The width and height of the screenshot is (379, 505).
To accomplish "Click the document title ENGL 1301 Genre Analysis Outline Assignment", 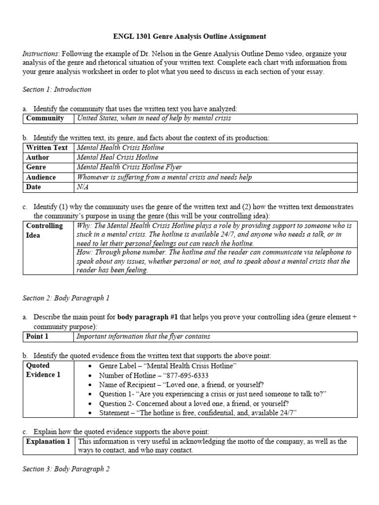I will pyautogui.click(x=189, y=36).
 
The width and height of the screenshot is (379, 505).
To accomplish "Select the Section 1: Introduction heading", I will pyautogui.click(x=57, y=89).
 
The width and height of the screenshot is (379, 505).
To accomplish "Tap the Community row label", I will pyautogui.click(x=45, y=118).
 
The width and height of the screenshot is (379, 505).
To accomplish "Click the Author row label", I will pyautogui.click(x=38, y=157).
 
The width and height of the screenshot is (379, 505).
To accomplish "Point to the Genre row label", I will pyautogui.click(x=37, y=167).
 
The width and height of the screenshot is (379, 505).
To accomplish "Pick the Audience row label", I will pyautogui.click(x=41, y=177).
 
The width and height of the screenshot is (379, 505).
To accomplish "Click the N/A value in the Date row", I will pyautogui.click(x=83, y=187).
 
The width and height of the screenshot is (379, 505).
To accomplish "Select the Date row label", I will pyautogui.click(x=34, y=187).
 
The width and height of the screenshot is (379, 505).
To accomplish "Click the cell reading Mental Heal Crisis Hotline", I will pyautogui.click(x=117, y=157).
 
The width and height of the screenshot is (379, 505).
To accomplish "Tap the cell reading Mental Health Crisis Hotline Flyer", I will pyautogui.click(x=129, y=167).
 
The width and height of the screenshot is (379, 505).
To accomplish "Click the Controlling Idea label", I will pyautogui.click(x=44, y=230).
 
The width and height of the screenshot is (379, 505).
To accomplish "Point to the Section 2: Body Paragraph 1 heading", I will pyautogui.click(x=66, y=298).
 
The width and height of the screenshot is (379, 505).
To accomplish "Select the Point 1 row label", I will pyautogui.click(x=38, y=336).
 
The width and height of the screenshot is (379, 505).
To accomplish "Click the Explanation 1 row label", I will pyautogui.click(x=48, y=441).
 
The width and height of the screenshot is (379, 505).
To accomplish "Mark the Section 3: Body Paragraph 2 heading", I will pyautogui.click(x=66, y=469).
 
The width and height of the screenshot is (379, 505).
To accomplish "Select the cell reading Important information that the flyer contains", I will pyautogui.click(x=143, y=336).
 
